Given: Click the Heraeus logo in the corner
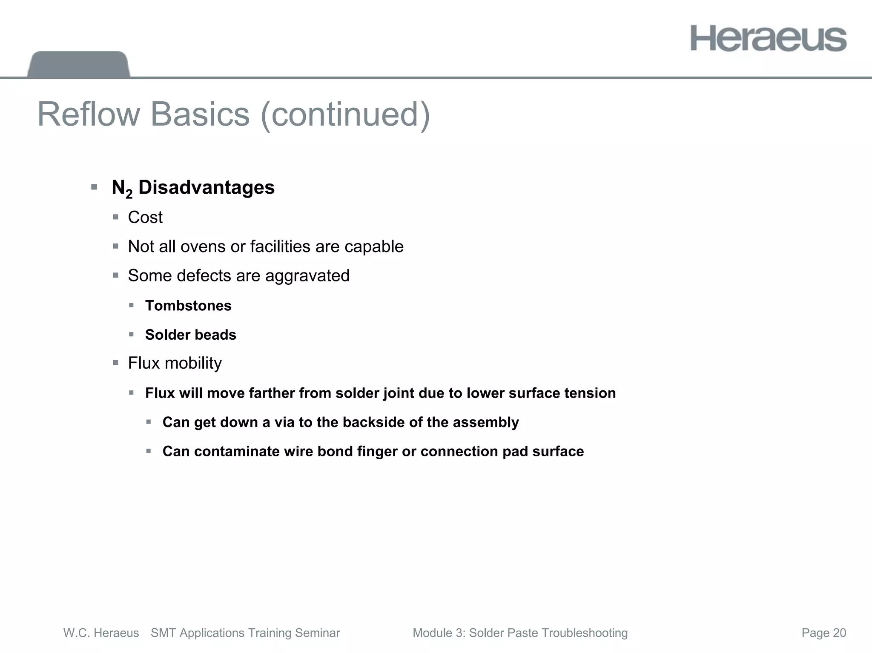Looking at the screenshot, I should [768, 39].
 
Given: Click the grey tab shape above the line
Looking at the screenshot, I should [79, 64].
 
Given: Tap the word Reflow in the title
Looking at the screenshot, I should [89, 114].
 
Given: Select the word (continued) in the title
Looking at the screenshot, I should [345, 114].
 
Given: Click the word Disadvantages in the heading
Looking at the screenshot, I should [207, 187].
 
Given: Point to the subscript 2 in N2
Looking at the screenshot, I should [129, 195].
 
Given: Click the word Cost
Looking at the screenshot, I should [145, 218].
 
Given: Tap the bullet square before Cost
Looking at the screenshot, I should [115, 217].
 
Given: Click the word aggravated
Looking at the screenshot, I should [307, 276].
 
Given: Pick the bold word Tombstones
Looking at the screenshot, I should [188, 306].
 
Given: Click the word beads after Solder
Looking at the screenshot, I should [216, 335].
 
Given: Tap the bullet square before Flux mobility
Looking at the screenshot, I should [115, 363].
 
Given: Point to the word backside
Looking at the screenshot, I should [373, 422].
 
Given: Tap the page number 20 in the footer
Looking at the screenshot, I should [839, 633].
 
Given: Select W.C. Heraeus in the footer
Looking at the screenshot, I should [101, 633].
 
